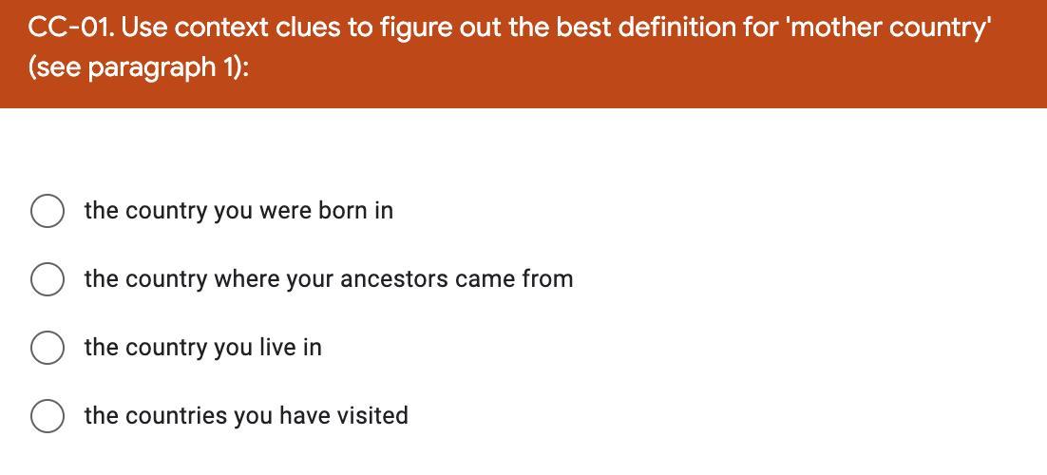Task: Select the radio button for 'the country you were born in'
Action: pos(48,211)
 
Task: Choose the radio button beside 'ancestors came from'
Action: pos(48,279)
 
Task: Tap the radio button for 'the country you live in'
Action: pos(48,348)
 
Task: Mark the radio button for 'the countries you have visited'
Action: pos(48,415)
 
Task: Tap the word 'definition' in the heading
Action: pos(676,28)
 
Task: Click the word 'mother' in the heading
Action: pos(832,28)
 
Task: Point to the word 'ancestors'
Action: pos(394,279)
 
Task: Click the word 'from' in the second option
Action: pos(547,279)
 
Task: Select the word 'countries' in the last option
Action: pos(177,415)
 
